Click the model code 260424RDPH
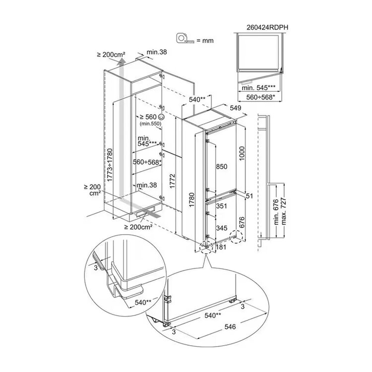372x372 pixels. point(267,27)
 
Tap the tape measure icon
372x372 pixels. point(185,38)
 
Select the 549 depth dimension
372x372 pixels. point(235,108)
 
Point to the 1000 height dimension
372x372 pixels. point(242,153)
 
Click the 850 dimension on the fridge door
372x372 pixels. point(222,167)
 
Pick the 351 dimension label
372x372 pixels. point(222,206)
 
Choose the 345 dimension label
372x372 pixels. point(222,228)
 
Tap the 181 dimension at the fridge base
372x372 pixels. point(221,247)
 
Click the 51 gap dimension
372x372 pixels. point(249,196)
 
